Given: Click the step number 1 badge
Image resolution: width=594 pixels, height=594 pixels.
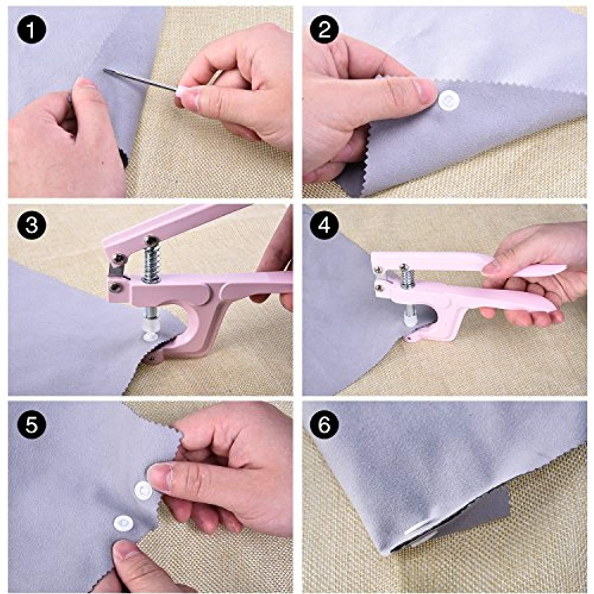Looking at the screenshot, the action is point(32,30).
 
